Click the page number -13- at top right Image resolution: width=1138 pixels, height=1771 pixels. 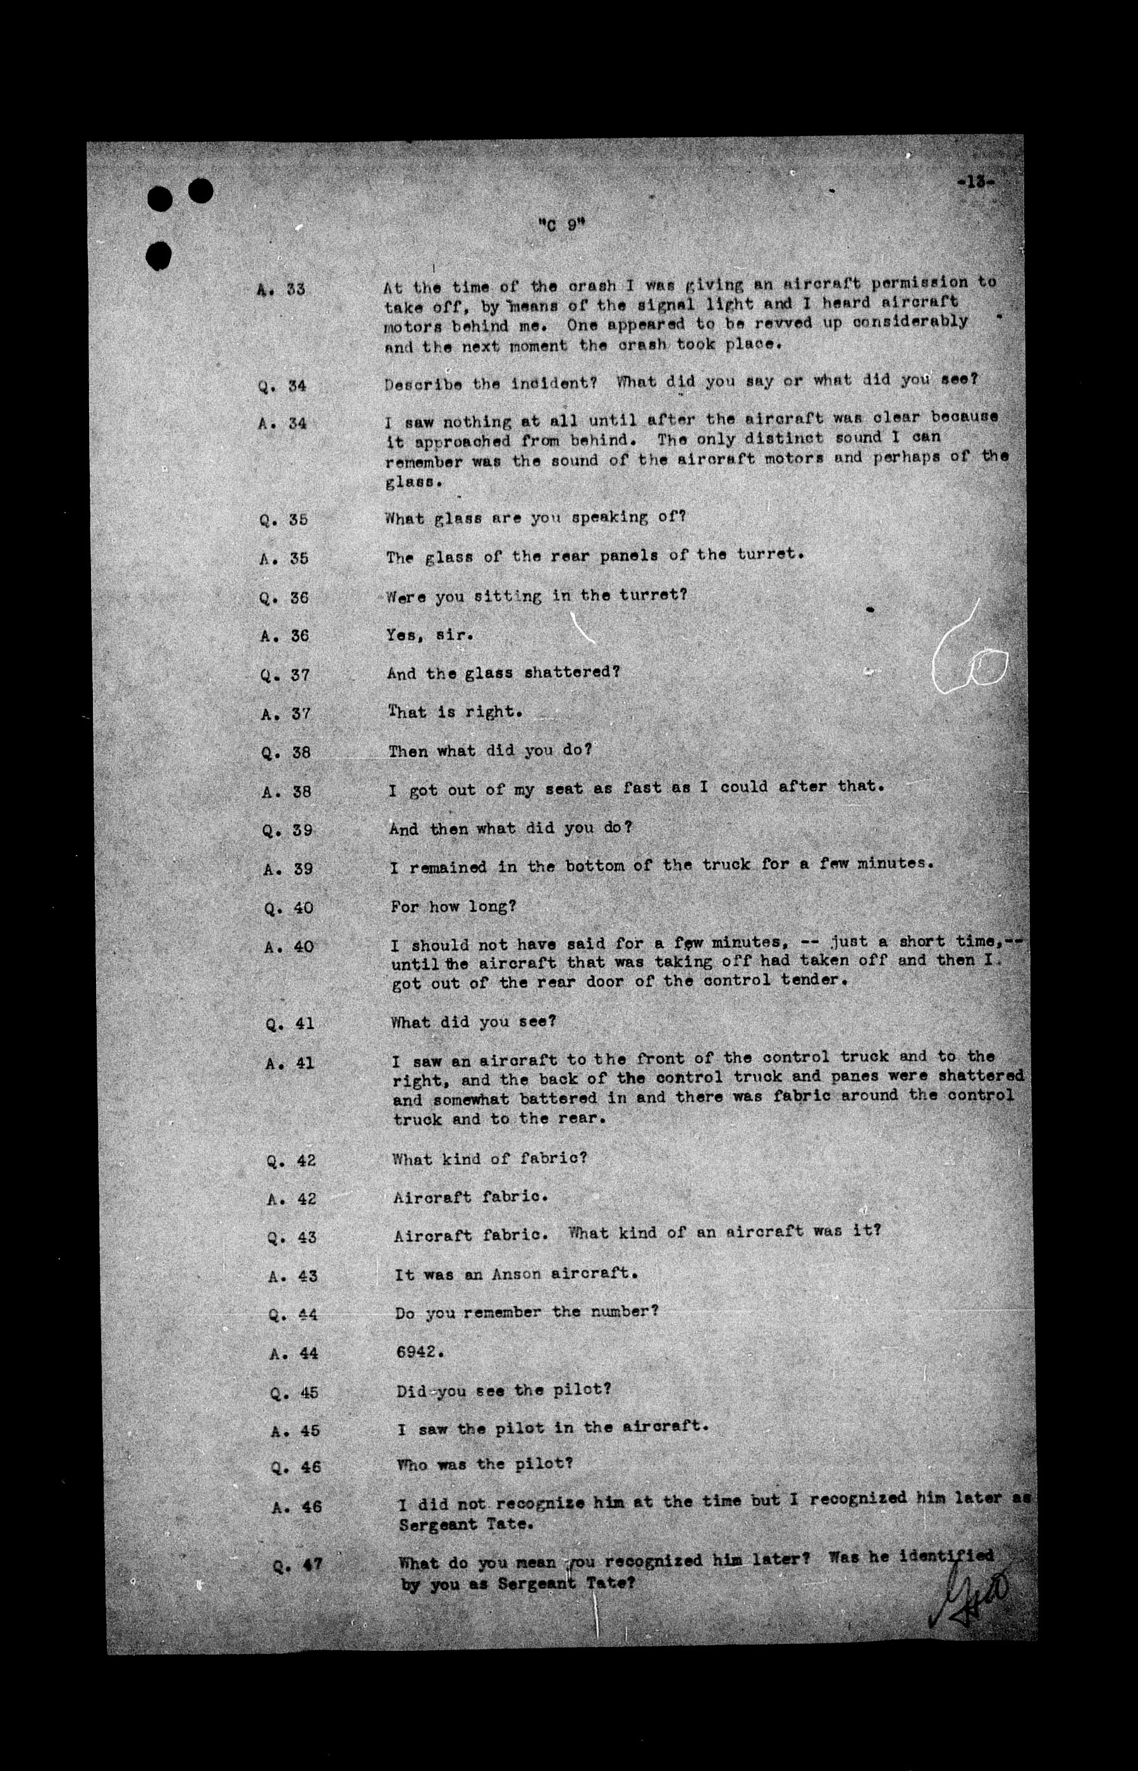975,182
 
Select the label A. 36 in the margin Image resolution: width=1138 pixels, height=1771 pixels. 284,636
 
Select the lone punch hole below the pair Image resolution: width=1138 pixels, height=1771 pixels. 159,256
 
